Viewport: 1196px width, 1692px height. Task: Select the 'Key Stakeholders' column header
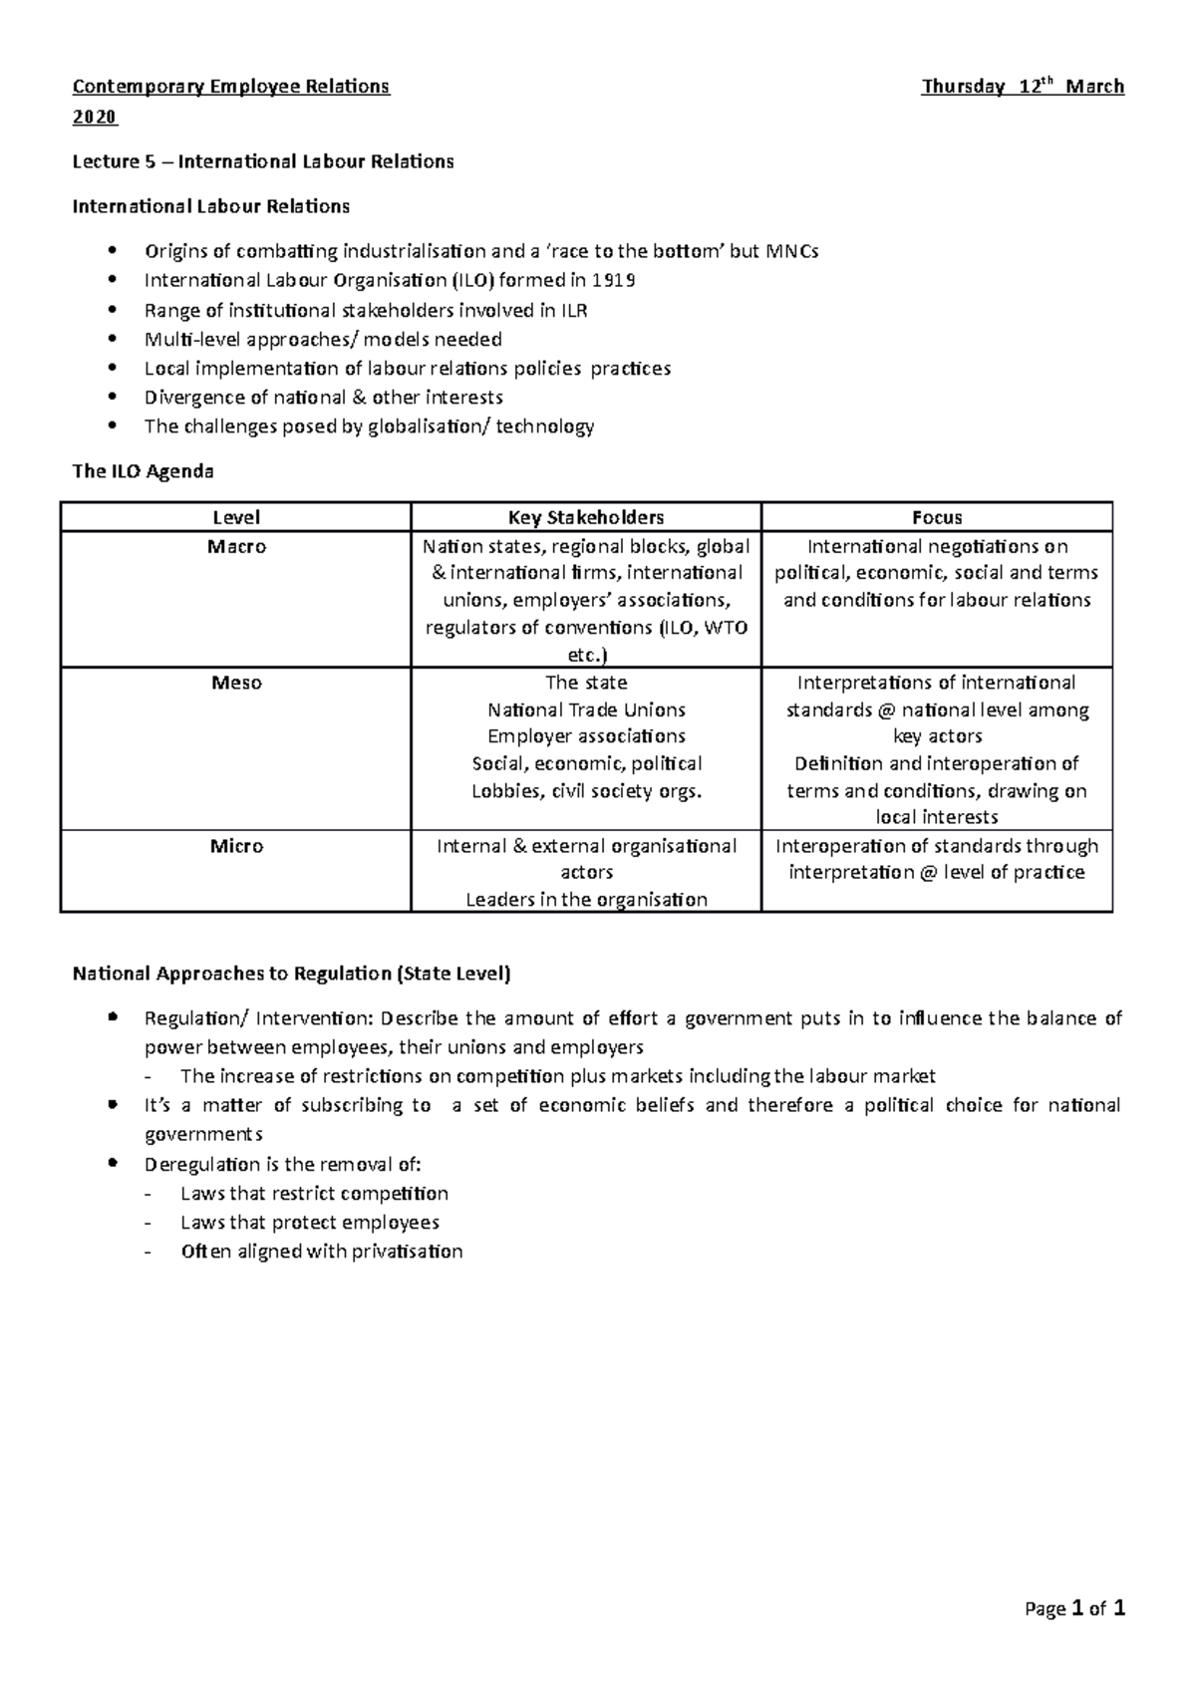[586, 517]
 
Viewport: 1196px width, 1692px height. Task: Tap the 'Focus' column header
[937, 517]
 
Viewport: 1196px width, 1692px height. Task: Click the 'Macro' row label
[236, 547]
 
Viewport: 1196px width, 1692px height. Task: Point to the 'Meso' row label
[236, 683]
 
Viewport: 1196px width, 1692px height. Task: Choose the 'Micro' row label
[236, 846]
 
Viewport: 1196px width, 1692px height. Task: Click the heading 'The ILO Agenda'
[143, 471]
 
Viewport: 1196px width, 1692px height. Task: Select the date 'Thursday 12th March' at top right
[1023, 87]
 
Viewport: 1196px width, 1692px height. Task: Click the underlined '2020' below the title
[95, 118]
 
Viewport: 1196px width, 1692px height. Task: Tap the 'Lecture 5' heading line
[263, 161]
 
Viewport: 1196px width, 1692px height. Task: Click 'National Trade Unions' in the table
[586, 710]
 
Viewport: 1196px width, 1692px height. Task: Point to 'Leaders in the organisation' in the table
[586, 900]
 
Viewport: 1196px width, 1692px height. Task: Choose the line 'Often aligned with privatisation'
[321, 1252]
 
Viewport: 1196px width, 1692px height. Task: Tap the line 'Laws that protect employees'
[309, 1223]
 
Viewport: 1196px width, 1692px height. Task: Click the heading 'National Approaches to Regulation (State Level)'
[291, 974]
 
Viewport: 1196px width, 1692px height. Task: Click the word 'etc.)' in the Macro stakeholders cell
[586, 655]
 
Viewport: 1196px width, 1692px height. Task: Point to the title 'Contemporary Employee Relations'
[231, 87]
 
